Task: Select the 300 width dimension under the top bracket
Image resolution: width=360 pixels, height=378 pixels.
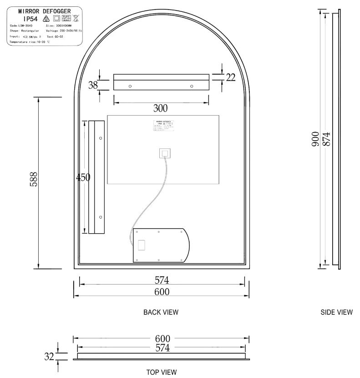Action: click(x=160, y=108)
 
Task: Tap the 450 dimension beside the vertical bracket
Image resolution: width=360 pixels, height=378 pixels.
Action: click(x=83, y=178)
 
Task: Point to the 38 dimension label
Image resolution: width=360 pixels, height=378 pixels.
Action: click(x=93, y=85)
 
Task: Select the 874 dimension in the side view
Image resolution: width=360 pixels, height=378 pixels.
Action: click(x=326, y=139)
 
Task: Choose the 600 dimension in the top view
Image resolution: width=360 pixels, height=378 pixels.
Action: click(x=162, y=339)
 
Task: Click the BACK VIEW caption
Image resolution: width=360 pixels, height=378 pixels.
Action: click(x=161, y=312)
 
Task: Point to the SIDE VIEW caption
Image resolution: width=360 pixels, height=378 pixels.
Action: click(x=336, y=312)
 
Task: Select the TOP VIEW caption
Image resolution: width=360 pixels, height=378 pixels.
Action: click(x=162, y=372)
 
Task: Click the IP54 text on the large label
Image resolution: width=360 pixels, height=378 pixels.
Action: click(x=30, y=19)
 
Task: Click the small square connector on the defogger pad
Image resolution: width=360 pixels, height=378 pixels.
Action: click(x=165, y=153)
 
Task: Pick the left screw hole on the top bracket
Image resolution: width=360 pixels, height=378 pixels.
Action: click(x=130, y=86)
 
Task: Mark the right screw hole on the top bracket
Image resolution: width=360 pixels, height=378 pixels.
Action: click(x=191, y=86)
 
